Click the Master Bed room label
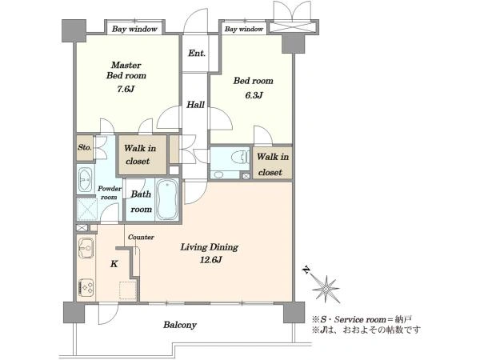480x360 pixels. (x=126, y=70)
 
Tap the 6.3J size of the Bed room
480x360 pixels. (x=254, y=95)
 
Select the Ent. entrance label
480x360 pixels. (x=197, y=54)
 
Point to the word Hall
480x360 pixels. (x=196, y=105)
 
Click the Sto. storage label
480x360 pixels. (x=85, y=147)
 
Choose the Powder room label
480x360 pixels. (x=110, y=193)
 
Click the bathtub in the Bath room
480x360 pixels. (x=167, y=199)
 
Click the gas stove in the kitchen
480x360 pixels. (x=86, y=287)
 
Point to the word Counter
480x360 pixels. (x=141, y=238)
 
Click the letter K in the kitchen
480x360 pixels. (x=114, y=264)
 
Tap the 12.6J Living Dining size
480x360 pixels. (x=211, y=260)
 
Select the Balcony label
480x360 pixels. (x=180, y=325)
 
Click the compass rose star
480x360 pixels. (x=326, y=289)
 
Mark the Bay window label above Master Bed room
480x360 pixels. (x=134, y=29)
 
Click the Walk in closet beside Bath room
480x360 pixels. (x=140, y=154)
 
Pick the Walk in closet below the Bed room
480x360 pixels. (x=273, y=164)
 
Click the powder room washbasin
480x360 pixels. (x=85, y=179)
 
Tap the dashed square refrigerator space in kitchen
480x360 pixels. (x=128, y=290)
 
